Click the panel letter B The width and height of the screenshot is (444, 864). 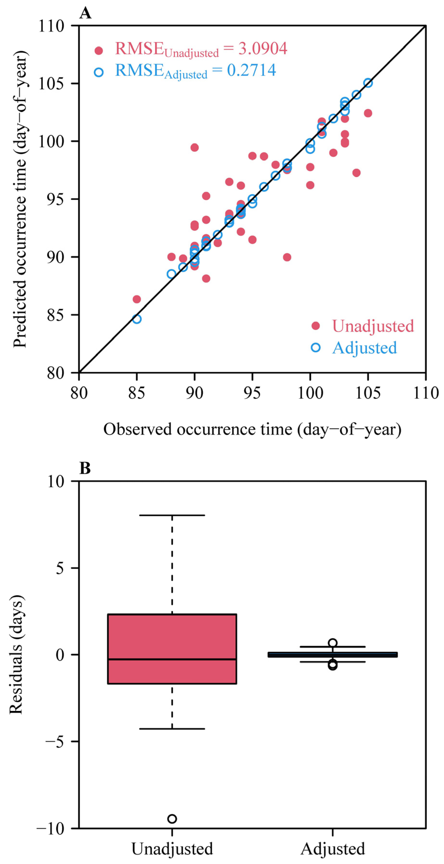point(85,468)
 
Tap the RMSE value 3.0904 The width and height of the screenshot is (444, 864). point(263,49)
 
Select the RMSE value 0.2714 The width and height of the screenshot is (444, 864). point(251,70)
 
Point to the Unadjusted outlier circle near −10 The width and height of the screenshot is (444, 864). point(172,819)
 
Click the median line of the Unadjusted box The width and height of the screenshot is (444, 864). point(172,659)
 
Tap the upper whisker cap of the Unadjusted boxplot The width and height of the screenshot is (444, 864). point(172,515)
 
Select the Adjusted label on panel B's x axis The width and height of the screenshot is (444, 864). point(333,849)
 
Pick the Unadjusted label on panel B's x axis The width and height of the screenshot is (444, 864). point(172,849)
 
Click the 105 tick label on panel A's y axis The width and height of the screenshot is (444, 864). point(51,83)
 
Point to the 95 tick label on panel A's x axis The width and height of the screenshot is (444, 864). point(252,393)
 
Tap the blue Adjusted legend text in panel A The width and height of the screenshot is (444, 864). point(365,348)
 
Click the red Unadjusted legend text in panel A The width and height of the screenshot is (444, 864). point(373,326)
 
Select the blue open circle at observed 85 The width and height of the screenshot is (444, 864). point(136,319)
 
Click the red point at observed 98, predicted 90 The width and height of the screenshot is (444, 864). point(287,257)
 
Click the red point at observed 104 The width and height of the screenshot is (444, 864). point(356,173)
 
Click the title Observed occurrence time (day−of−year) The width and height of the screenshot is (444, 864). point(252,429)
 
